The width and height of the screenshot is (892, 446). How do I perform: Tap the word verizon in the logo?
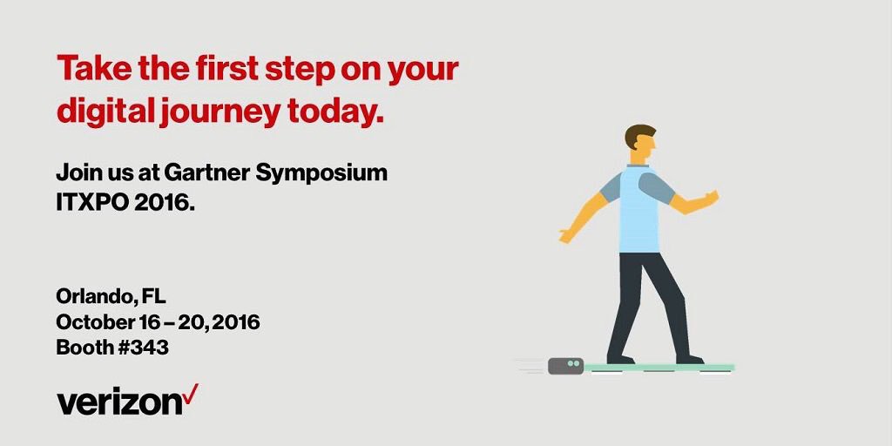(118, 402)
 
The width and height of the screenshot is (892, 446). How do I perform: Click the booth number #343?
(143, 348)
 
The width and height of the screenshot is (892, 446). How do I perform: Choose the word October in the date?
(96, 322)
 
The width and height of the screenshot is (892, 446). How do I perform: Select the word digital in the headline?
(101, 111)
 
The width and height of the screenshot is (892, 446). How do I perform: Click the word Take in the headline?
(92, 69)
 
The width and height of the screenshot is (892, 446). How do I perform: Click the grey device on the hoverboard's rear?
(565, 366)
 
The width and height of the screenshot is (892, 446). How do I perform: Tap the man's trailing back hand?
(569, 234)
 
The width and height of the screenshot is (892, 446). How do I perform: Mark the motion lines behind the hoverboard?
(529, 366)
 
